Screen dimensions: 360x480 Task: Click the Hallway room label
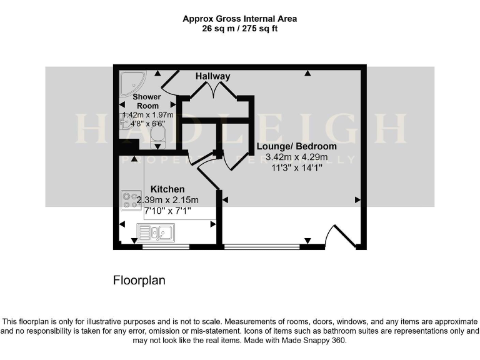(212, 76)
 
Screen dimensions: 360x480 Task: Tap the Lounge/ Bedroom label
(296, 146)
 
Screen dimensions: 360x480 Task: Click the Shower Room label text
(146, 101)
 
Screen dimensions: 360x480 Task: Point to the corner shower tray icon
(133, 82)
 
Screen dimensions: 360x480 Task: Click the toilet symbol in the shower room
(157, 133)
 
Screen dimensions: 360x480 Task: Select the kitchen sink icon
(156, 234)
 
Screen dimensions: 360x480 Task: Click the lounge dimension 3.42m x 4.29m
(296, 157)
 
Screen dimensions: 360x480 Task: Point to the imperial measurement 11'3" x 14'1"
(296, 167)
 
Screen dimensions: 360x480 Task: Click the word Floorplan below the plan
(139, 281)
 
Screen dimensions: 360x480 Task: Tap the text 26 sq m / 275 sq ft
(239, 29)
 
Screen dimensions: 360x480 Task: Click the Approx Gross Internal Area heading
(239, 19)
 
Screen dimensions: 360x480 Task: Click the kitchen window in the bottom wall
(166, 247)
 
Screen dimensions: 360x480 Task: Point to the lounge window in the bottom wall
(261, 247)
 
